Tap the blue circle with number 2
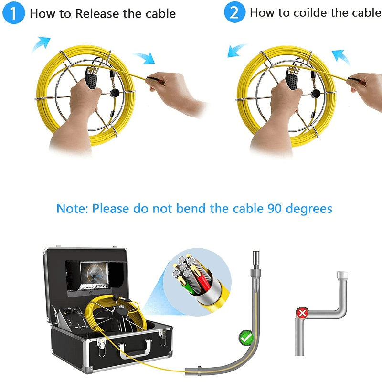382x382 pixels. coord(234,13)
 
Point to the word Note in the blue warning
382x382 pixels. coord(72,209)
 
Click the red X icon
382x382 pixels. coord(302,314)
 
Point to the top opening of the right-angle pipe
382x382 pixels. coord(342,276)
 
